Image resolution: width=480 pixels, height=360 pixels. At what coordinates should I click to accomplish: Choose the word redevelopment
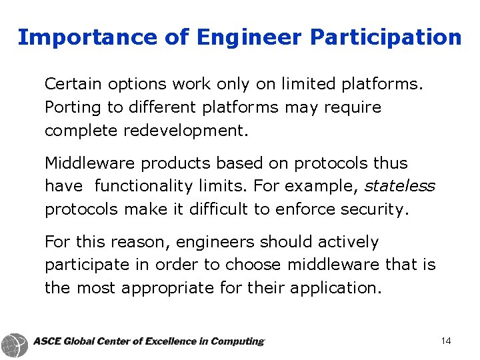186,131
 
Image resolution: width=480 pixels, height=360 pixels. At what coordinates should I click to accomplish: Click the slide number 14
446,341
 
